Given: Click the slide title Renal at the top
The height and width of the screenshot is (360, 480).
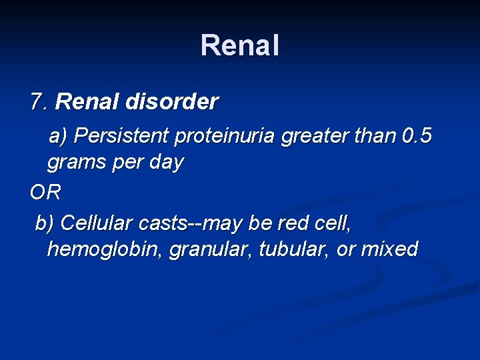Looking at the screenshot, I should tap(240, 46).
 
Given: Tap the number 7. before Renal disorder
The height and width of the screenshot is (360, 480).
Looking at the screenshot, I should tap(39, 102).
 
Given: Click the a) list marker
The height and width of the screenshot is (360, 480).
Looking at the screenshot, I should tap(58, 136).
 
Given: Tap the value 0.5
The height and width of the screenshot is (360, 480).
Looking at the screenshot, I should tap(417, 136).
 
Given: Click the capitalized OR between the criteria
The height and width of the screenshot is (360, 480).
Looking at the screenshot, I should tap(45, 193).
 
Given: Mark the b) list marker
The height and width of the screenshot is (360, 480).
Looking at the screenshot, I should tap(45, 224).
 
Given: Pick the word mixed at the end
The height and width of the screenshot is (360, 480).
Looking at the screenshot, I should tap(389, 249).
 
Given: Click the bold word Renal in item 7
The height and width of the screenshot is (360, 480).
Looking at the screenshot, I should tap(83, 102).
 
